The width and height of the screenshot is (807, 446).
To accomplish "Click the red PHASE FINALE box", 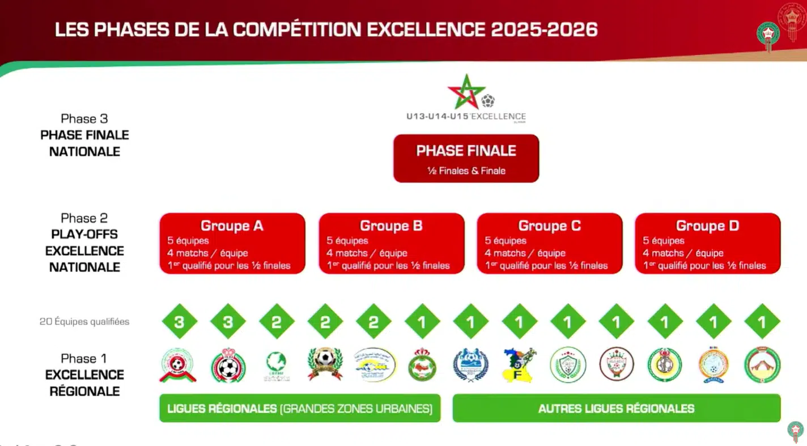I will (466, 158).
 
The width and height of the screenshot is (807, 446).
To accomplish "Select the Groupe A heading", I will (232, 226).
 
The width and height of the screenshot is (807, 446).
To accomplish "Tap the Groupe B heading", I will (391, 226).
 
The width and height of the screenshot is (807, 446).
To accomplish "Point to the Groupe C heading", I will (549, 226).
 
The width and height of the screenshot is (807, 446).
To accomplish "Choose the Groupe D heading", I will (707, 226).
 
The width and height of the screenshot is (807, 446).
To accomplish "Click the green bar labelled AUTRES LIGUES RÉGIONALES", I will (616, 408).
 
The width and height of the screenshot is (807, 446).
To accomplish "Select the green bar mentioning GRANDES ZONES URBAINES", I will (300, 408).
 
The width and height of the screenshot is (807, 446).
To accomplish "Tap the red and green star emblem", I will (466, 92).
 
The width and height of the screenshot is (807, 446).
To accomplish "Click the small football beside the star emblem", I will (488, 101).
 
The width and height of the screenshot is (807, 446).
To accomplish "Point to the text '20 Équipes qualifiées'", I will (84, 321).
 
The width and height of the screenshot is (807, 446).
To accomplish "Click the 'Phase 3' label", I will (84, 118).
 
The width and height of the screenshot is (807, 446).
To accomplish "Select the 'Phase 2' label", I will (84, 218).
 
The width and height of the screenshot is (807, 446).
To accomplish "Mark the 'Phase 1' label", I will (84, 359).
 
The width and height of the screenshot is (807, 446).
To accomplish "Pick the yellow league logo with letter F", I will (520, 365).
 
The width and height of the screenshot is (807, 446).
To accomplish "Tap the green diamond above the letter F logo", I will (520, 321).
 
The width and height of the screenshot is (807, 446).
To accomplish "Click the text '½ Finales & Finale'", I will (466, 171).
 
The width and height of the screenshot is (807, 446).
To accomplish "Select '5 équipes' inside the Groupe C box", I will (505, 241).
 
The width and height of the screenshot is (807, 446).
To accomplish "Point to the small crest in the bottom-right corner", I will (795, 431).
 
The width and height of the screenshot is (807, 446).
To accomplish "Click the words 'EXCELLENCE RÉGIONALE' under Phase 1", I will (84, 383).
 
